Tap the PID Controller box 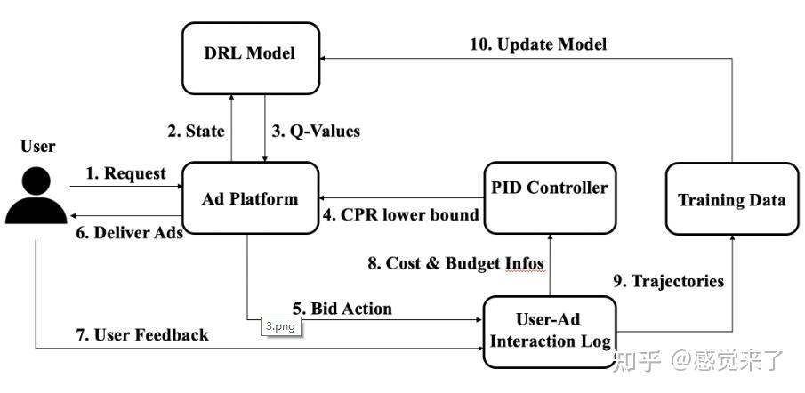[x=550, y=188]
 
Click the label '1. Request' [x=125, y=173]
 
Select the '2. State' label [x=196, y=132]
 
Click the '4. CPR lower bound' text [x=401, y=214]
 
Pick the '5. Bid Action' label [x=342, y=309]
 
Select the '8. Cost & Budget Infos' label [x=456, y=262]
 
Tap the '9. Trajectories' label [x=669, y=281]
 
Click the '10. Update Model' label [x=538, y=44]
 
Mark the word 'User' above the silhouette [x=36, y=146]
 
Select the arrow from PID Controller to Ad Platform [x=400, y=197]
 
